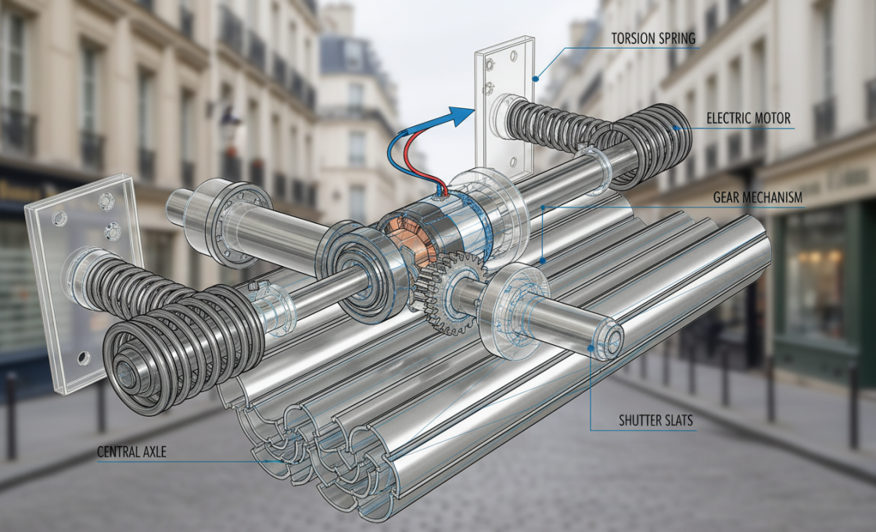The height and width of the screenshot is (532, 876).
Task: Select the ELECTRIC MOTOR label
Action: tap(749, 119)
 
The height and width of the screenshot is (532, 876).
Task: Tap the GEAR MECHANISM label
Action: tap(757, 198)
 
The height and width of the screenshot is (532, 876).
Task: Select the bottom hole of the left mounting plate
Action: tap(81, 358)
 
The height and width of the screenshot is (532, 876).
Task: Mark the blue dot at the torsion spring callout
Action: tap(537, 77)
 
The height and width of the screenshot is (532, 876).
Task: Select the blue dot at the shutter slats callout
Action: tap(589, 348)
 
